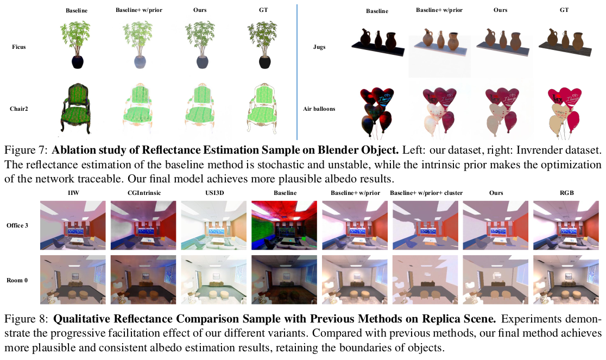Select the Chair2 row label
[19, 109]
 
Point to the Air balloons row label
[319, 109]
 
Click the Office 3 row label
[17, 225]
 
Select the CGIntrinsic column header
[144, 193]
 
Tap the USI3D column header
[215, 193]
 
